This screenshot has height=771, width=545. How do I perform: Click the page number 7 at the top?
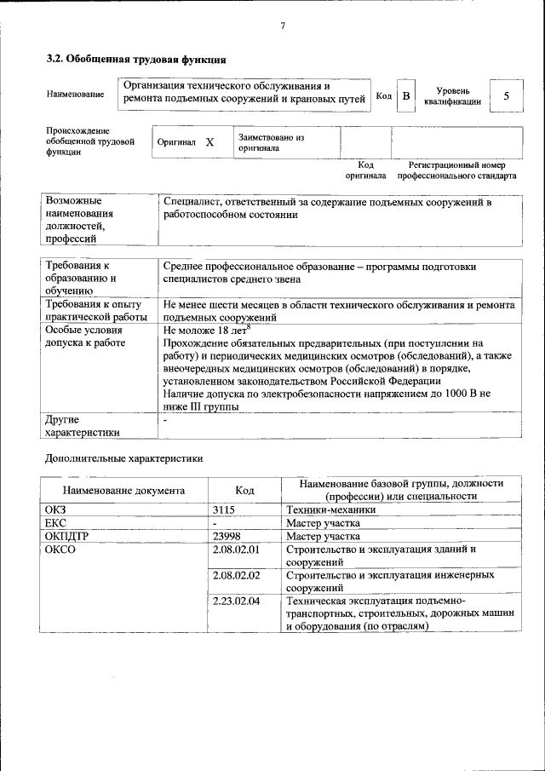click(282, 25)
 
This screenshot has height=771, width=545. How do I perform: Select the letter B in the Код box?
click(406, 96)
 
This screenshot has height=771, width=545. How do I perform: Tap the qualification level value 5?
click(506, 96)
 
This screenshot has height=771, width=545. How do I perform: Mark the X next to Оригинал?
click(209, 142)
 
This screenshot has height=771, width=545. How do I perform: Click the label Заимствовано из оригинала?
click(271, 141)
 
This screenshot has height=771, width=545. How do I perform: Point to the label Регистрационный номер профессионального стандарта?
click(456, 170)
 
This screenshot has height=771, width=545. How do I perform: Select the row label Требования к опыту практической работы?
click(96, 310)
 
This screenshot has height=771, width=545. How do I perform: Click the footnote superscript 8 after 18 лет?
click(248, 325)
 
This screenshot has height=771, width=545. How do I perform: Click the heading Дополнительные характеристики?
click(123, 458)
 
